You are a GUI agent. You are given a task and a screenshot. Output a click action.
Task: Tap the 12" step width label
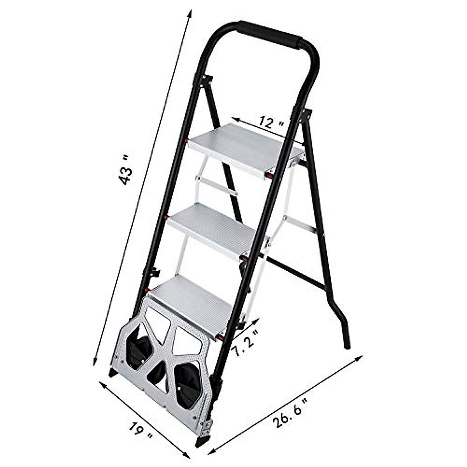[x=272, y=123]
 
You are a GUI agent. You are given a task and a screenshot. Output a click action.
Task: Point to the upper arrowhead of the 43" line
[x=190, y=13]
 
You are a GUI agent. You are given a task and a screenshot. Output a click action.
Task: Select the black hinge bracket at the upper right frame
[x=306, y=114]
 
